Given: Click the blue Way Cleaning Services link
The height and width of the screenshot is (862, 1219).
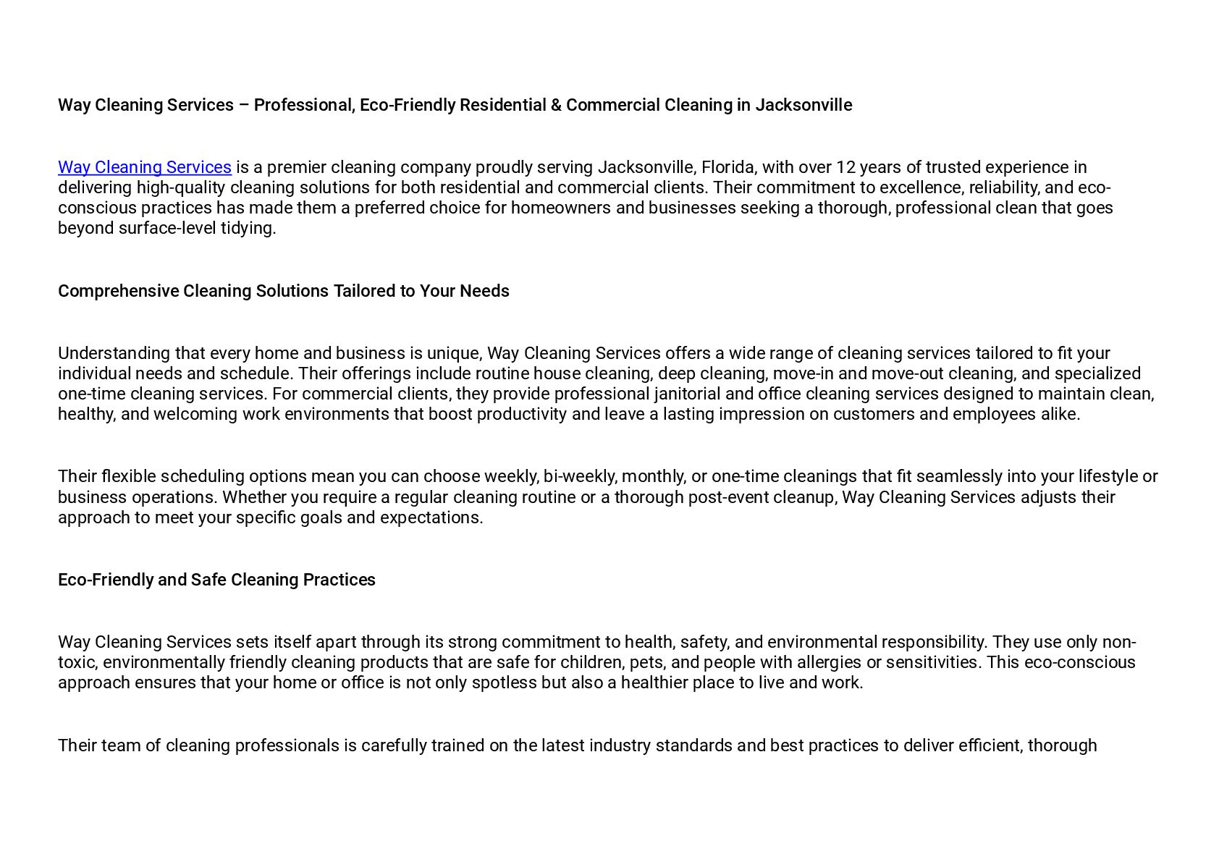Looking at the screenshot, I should (x=145, y=167).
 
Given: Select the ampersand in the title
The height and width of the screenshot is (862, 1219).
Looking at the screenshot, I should (x=556, y=105).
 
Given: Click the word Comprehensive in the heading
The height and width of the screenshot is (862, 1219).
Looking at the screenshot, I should (x=118, y=291).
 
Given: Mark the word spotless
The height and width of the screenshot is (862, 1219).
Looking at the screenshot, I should (x=504, y=683).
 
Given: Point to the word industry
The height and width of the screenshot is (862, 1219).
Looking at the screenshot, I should (x=620, y=745).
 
